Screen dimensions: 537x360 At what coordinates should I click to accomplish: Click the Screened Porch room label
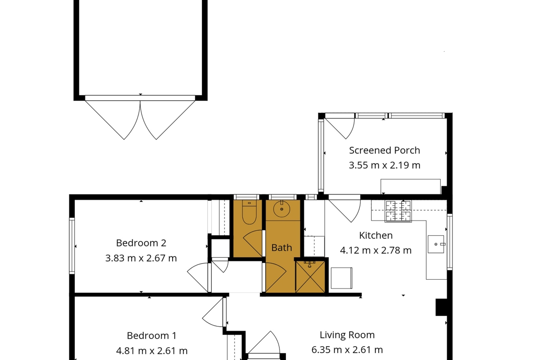tap(384, 150)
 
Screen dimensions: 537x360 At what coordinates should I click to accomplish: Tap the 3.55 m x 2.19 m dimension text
tap(384, 165)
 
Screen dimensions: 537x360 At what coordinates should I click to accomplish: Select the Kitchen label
tap(376, 235)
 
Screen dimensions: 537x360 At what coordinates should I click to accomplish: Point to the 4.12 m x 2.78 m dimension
tap(376, 250)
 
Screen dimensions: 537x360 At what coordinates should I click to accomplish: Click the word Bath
tap(281, 248)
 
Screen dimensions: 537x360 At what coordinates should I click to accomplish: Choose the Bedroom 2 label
tap(141, 243)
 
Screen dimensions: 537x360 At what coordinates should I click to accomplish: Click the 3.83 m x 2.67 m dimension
tap(141, 258)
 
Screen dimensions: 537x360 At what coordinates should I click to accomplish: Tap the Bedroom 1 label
tap(152, 336)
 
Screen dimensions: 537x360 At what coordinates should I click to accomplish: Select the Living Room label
tap(347, 335)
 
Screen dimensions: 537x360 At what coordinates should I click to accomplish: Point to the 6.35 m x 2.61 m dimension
tap(347, 350)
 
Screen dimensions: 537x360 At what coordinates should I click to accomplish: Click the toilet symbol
tap(249, 212)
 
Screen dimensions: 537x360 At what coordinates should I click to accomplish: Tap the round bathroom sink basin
tap(281, 208)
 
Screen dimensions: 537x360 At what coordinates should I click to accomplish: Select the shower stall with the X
tap(310, 277)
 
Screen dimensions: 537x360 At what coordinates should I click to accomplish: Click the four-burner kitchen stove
tap(398, 211)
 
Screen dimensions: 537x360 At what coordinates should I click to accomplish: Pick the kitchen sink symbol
tap(436, 244)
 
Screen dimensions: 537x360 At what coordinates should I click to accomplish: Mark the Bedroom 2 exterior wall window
tap(72, 246)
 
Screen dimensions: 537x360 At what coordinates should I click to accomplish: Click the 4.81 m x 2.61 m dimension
tap(152, 351)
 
